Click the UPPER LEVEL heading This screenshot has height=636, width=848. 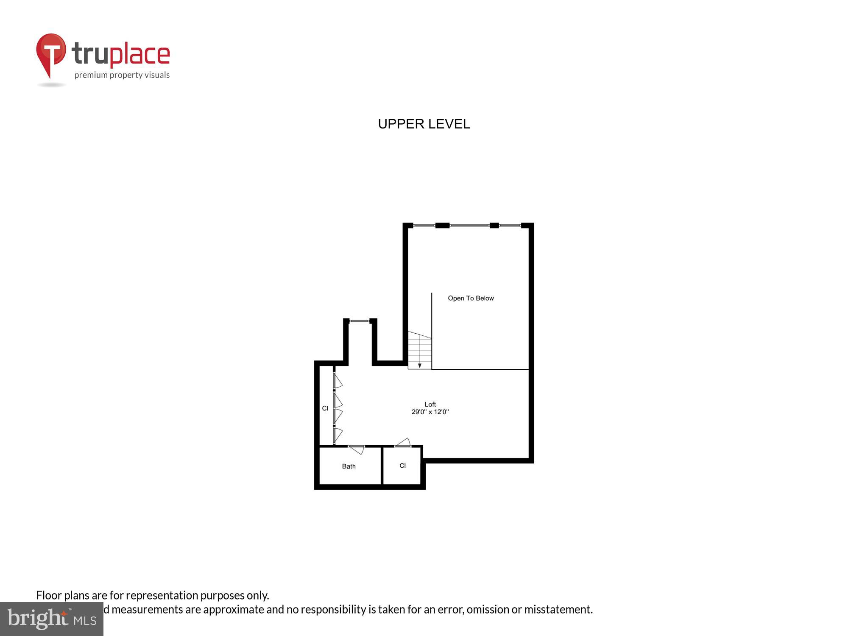[424, 124]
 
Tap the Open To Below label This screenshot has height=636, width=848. [471, 298]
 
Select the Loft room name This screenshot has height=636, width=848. [430, 404]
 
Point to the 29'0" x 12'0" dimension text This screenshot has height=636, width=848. [430, 412]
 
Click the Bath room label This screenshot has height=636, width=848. [349, 466]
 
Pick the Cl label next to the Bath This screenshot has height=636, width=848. [402, 466]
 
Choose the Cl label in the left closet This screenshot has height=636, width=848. [325, 408]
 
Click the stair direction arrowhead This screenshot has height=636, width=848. [419, 365]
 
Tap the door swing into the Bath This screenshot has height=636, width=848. [357, 449]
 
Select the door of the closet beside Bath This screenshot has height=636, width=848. [403, 443]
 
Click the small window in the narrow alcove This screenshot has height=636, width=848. [360, 321]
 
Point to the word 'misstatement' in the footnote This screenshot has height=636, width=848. [558, 609]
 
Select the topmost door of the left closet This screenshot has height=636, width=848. [338, 380]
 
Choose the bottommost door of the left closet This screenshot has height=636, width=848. [338, 435]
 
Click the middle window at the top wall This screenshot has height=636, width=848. [469, 226]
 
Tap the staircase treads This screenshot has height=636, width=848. [419, 350]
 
